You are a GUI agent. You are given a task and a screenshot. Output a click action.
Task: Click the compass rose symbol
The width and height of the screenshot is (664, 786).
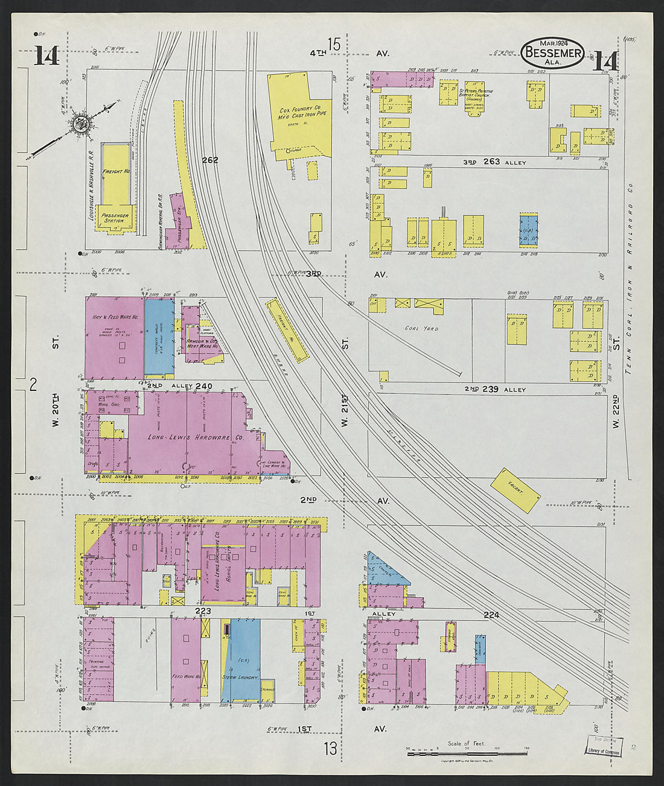pos(79,124)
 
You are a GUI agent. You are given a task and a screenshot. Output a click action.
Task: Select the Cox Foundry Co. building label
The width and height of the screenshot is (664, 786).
pos(300,113)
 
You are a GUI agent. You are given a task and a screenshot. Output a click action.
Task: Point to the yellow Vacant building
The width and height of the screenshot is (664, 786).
pos(515,490)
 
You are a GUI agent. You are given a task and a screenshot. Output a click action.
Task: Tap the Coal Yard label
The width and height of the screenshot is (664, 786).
pos(422,329)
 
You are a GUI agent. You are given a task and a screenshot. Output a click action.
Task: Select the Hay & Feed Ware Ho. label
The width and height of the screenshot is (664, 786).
pos(115,317)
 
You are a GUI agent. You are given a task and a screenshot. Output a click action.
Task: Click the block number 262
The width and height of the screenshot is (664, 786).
pos(210,160)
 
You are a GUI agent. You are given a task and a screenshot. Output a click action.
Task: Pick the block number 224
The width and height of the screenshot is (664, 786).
pos(492,615)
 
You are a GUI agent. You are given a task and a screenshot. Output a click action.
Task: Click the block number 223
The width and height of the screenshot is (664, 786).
pos(202,611)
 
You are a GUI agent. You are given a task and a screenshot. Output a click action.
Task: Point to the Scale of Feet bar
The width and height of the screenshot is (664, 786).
pos(467,753)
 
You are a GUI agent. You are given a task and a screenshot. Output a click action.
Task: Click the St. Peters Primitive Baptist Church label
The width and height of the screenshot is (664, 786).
pos(475,94)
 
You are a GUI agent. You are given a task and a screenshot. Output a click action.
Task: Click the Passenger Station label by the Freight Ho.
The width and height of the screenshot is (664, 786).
pos(114,218)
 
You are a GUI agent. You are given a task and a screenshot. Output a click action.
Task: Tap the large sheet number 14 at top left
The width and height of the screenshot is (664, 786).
pos(46,56)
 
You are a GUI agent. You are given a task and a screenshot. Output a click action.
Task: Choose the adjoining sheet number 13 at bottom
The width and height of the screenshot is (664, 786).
pos(330,749)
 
